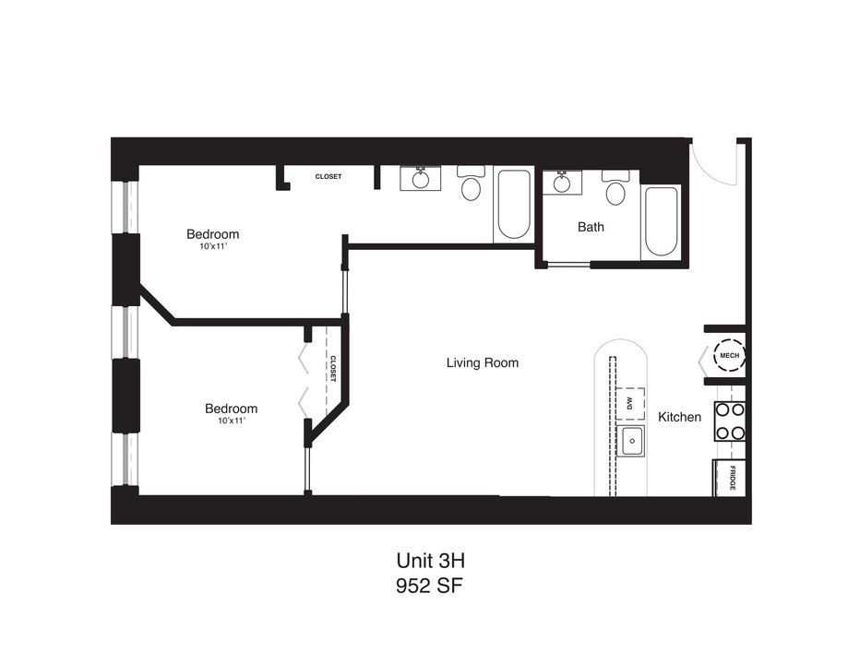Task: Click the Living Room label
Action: [482, 362]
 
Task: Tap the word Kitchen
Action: [679, 417]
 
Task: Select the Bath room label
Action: [591, 227]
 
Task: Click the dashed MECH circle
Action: [729, 355]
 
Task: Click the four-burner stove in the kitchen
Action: [730, 421]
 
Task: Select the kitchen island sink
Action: [632, 442]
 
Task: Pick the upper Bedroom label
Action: [212, 234]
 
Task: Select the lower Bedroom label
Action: [231, 409]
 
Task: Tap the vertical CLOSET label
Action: [332, 370]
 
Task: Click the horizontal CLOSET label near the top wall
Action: [328, 176]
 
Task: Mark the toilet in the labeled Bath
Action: [615, 189]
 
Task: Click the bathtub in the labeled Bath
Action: [661, 222]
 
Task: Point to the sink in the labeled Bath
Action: [561, 183]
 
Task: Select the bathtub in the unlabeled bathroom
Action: [512, 205]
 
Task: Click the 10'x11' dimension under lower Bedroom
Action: [231, 421]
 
